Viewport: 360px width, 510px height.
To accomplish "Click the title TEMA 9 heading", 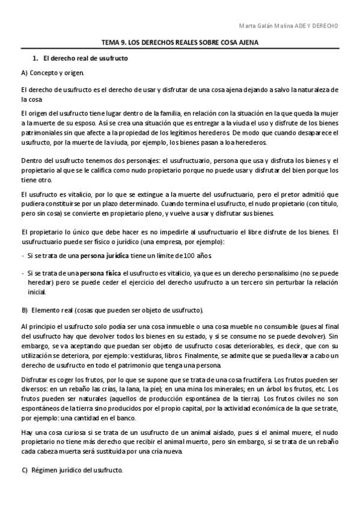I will coord(180,44).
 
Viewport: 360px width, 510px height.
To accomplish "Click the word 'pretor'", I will coord(288,195).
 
